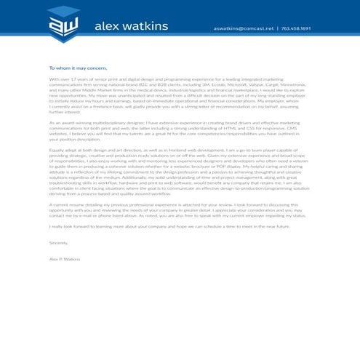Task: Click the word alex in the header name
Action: tap(107, 28)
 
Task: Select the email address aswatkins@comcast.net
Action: tap(244, 28)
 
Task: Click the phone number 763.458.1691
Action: tap(296, 28)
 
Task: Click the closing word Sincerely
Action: tap(58, 242)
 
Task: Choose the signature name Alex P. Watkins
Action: tap(65, 259)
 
